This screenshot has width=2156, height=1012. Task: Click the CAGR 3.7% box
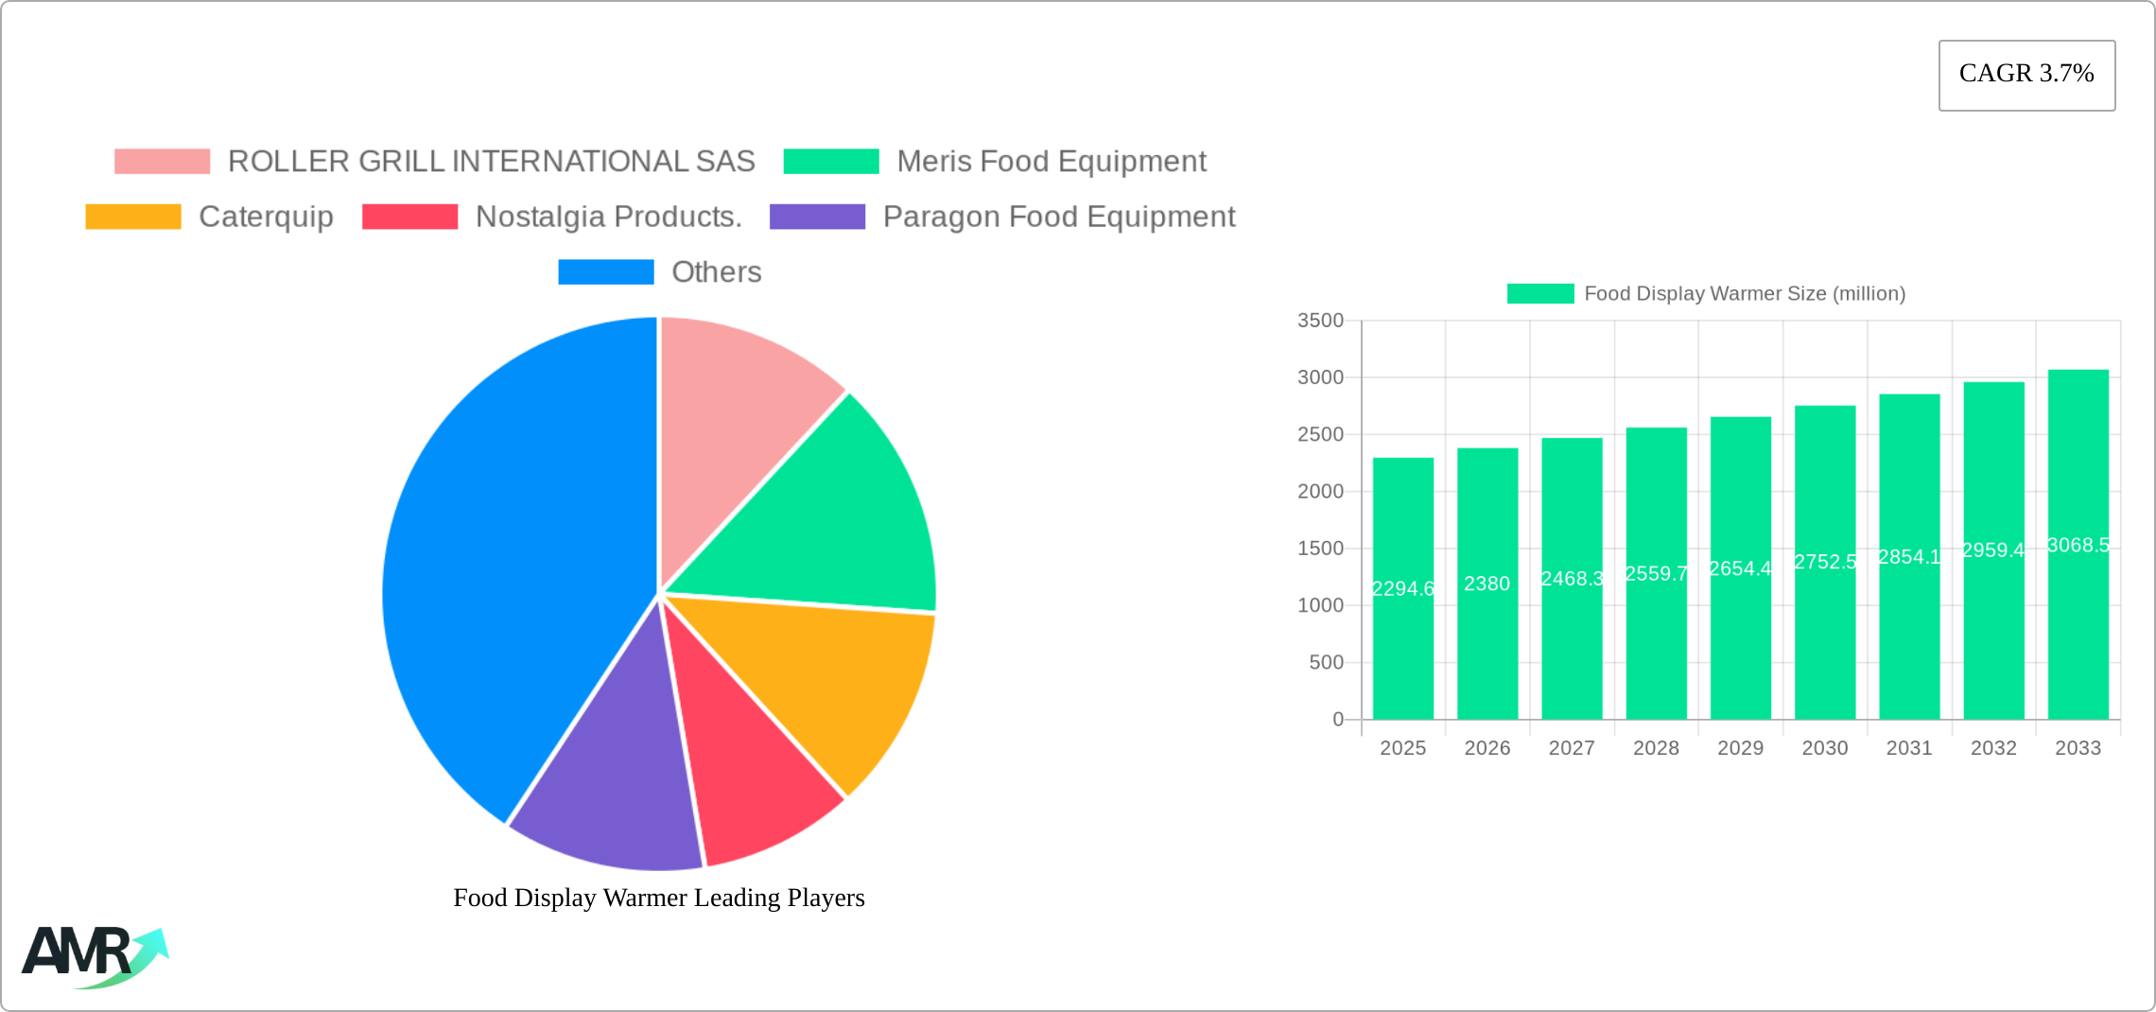tap(2026, 75)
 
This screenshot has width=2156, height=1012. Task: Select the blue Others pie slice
tap(511, 567)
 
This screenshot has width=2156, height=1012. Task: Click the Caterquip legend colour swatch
tap(133, 217)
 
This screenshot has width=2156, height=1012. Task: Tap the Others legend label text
tap(716, 272)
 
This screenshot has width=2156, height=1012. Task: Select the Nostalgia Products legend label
tap(608, 217)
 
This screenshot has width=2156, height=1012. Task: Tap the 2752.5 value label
tap(1825, 562)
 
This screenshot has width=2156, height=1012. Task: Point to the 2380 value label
tap(1487, 584)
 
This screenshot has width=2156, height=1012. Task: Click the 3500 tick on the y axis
tap(1320, 321)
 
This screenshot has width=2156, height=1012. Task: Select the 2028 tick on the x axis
tap(1656, 748)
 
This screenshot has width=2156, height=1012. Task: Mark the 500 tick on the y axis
tap(1326, 663)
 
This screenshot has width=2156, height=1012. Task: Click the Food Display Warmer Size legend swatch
tap(1540, 294)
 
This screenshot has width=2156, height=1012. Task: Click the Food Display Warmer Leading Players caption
tap(659, 898)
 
